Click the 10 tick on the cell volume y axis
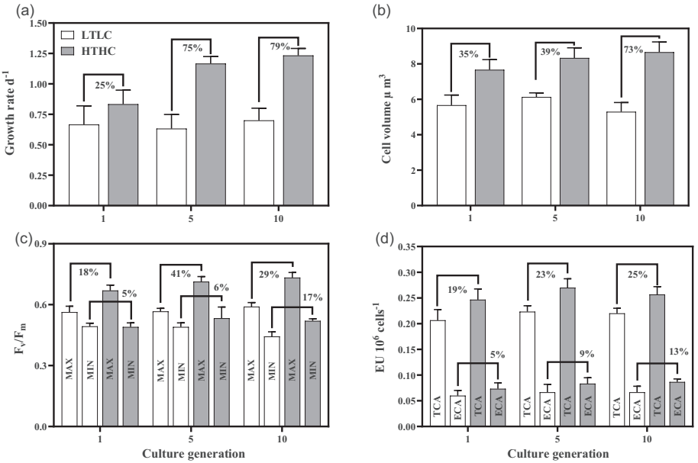pyautogui.click(x=409, y=29)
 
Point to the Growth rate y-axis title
pyautogui.click(x=11, y=114)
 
